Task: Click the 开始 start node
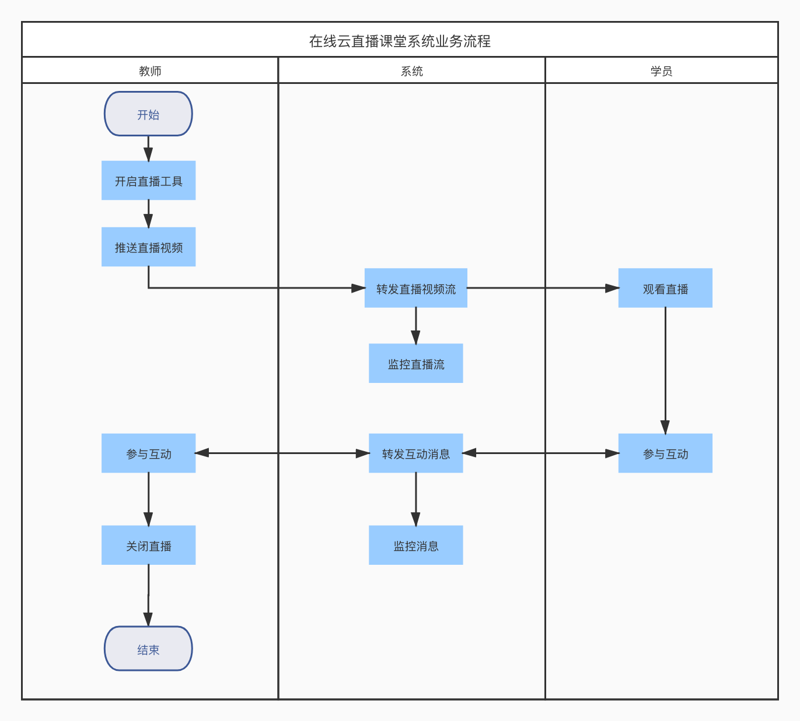click(x=148, y=114)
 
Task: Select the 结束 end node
click(x=148, y=649)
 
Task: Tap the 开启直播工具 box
click(x=148, y=181)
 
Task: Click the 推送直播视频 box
click(x=148, y=247)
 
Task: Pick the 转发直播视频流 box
click(x=415, y=288)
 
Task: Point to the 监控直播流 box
click(x=415, y=363)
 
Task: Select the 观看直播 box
click(x=665, y=288)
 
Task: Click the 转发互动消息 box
click(x=415, y=453)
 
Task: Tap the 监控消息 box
click(x=415, y=546)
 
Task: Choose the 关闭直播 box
click(x=148, y=546)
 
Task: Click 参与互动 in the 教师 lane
click(x=148, y=453)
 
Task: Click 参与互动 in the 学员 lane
click(x=665, y=453)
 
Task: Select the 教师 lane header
click(x=150, y=71)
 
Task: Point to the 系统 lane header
click(x=411, y=71)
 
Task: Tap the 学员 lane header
click(x=661, y=71)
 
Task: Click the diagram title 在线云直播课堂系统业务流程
click(x=400, y=41)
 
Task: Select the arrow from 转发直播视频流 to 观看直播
click(x=543, y=288)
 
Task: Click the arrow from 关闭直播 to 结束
click(x=148, y=595)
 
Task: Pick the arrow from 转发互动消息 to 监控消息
click(x=415, y=499)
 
